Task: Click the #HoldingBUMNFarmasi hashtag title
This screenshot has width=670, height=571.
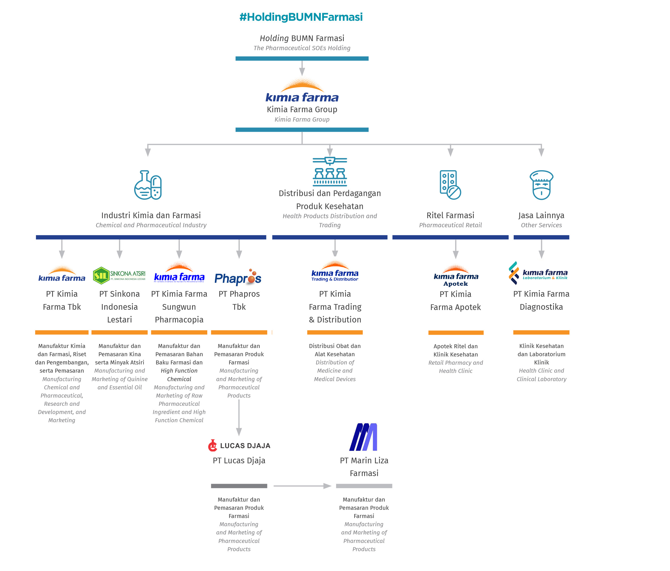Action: point(301,17)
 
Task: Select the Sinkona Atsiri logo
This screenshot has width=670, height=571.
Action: point(119,275)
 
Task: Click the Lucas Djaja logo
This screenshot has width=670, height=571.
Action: point(239,445)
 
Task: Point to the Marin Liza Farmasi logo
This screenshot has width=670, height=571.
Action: point(363,437)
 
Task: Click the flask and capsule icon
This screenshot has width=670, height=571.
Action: point(148,185)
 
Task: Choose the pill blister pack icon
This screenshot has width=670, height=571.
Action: point(450,185)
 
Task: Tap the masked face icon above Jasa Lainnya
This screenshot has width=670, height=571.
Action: point(541,185)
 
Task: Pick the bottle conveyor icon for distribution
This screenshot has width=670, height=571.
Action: point(330,171)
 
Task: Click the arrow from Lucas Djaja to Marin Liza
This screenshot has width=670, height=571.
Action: point(302,486)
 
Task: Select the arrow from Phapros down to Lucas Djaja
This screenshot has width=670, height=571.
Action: point(239,417)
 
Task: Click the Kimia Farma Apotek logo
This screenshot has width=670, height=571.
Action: point(456,276)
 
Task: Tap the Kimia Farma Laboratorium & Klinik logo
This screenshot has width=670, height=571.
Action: point(538,274)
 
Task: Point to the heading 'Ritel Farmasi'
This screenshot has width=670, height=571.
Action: point(450,215)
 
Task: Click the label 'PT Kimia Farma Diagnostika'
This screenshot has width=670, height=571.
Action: point(541,300)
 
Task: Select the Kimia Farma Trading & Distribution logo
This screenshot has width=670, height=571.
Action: point(335,272)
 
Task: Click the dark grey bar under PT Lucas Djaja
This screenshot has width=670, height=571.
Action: point(239,486)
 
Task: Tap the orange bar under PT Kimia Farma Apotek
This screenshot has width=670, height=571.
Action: point(456,333)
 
